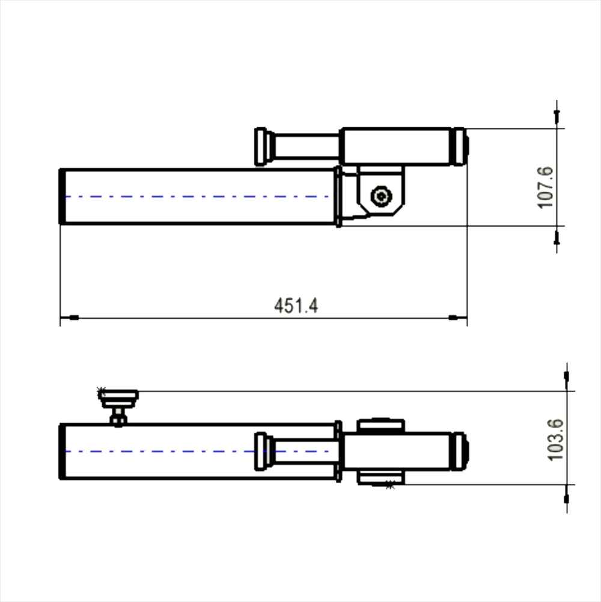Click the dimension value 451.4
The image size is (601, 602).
point(296,306)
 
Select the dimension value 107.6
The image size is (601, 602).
point(545,188)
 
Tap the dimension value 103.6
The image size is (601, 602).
point(555,440)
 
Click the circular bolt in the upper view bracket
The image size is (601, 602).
point(381,197)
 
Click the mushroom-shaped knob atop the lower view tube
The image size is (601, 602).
point(118,396)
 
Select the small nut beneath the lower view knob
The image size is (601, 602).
point(118,417)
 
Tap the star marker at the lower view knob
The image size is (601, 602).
point(101,392)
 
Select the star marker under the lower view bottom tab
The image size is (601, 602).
point(390,485)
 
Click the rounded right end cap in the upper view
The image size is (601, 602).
point(460,146)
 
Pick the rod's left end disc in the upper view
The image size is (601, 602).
point(261,146)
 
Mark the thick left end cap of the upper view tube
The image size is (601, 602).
point(62,197)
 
